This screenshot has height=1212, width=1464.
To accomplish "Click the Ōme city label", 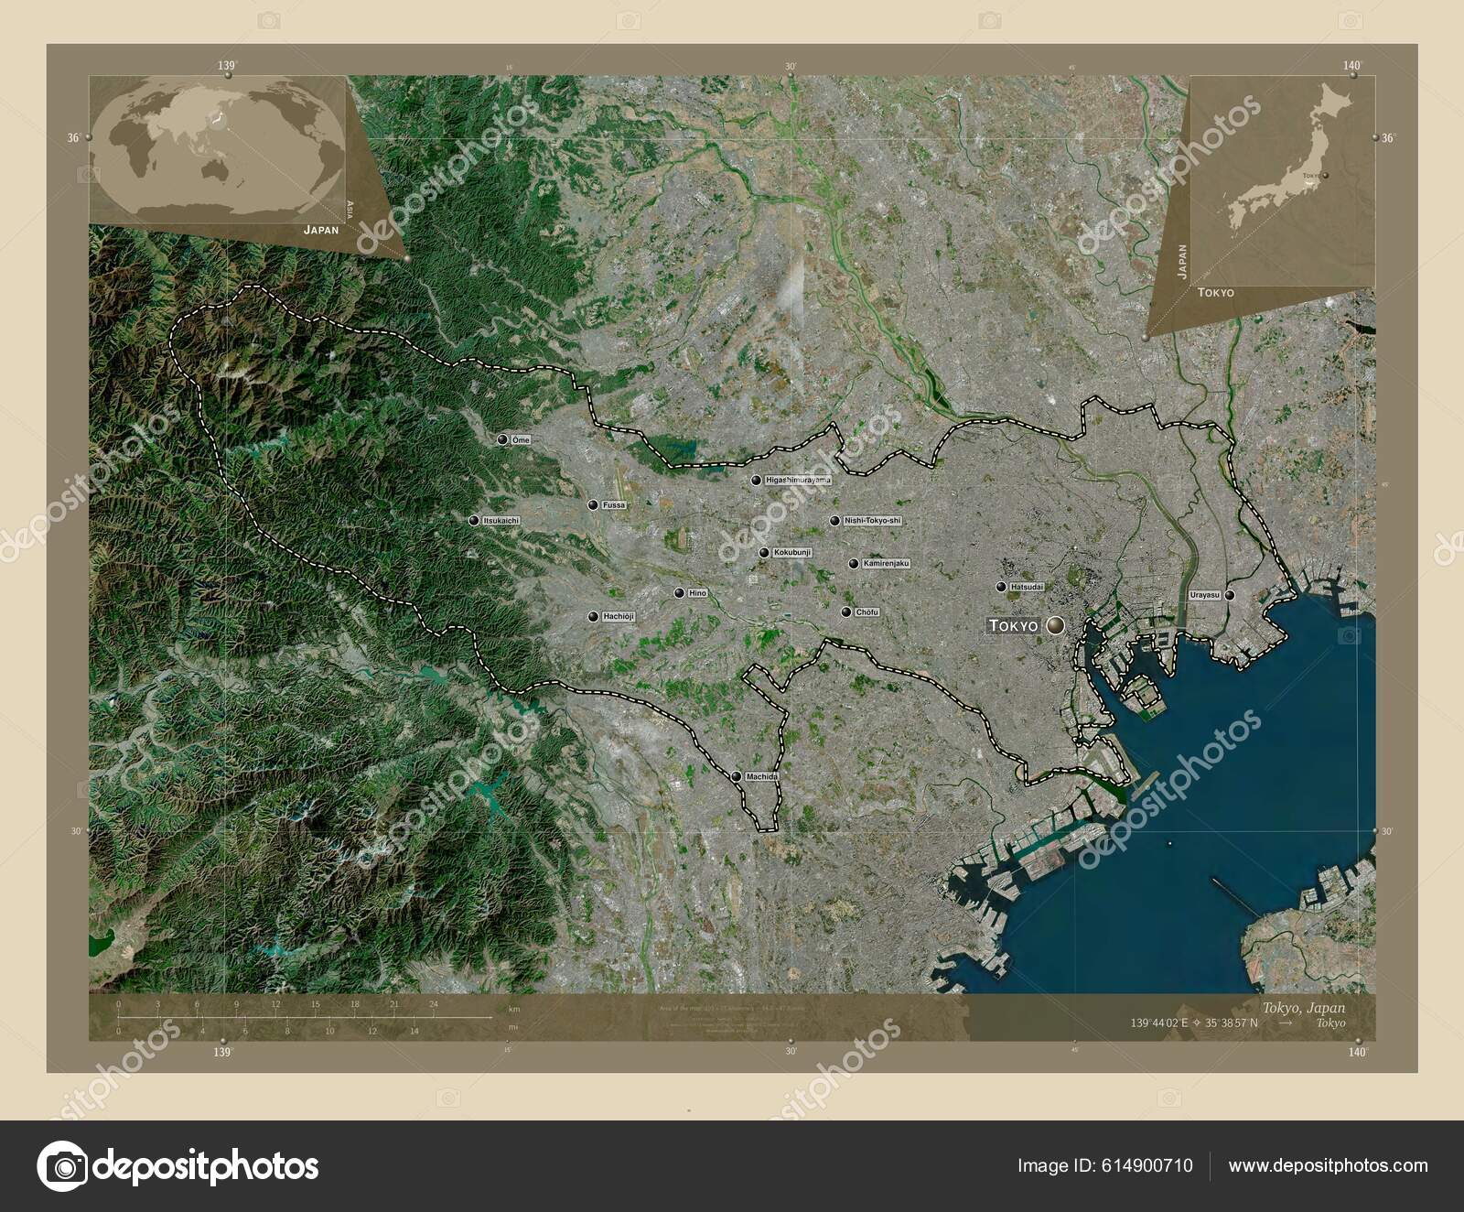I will coord(521,440).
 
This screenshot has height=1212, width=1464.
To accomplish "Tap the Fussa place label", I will coord(614,505).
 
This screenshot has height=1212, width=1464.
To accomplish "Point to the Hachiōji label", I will coord(619,617).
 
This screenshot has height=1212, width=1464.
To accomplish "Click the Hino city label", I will coord(697,593).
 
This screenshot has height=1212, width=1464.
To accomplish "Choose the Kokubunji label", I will coord(792,553).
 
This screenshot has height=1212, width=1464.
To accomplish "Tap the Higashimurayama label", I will coord(798,480).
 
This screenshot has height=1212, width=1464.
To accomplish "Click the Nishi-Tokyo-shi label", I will coord(872,521).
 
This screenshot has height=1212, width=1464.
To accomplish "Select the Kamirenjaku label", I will coord(886,564).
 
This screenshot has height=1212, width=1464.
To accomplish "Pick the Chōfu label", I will coord(867,612).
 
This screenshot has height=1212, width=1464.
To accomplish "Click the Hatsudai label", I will coord(1028,587).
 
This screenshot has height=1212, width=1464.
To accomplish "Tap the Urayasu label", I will coord(1205,595).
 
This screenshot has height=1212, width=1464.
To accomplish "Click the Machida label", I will coord(761,776).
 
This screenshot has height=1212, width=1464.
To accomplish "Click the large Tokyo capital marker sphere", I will coord(1056,626).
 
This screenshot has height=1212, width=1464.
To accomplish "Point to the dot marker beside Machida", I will coord(737,776).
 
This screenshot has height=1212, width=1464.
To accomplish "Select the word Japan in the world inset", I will coord(321,230).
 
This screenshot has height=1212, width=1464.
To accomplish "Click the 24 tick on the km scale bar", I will coord(434,1004).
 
